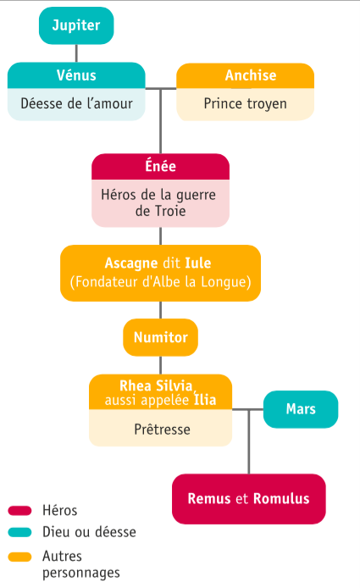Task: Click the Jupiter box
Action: click(x=76, y=25)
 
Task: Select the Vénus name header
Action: click(x=76, y=75)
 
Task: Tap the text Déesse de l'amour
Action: click(x=76, y=103)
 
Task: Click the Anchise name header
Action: click(x=246, y=75)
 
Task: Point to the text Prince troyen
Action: click(x=246, y=104)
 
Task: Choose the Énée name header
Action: click(x=160, y=167)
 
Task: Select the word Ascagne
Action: click(x=131, y=263)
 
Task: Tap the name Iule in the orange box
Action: click(x=198, y=263)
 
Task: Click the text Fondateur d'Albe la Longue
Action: click(x=160, y=282)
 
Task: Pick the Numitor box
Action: click(x=160, y=337)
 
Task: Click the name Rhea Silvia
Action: click(x=156, y=386)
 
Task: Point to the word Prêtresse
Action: click(x=162, y=430)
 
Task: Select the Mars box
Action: click(x=301, y=409)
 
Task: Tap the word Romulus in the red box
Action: click(x=281, y=499)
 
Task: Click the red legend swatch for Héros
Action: click(x=19, y=510)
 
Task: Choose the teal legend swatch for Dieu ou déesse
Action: click(x=19, y=532)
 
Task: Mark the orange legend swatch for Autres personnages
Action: click(x=19, y=557)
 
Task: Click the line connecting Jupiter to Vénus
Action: click(x=76, y=53)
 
